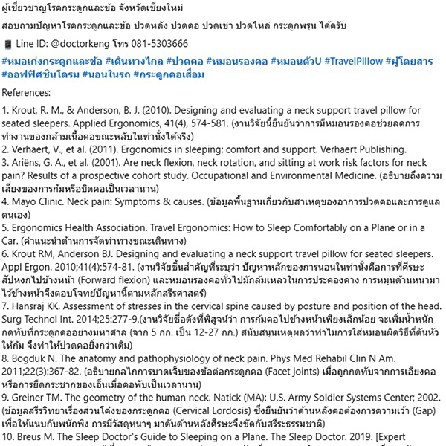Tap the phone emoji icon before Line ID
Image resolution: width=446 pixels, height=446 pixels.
point(7,43)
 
